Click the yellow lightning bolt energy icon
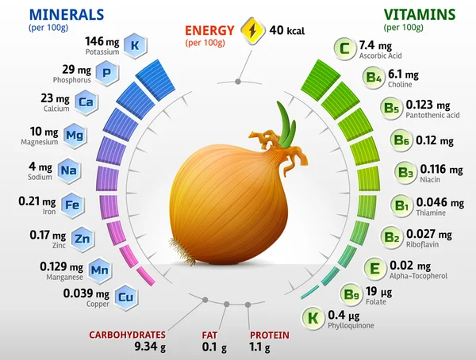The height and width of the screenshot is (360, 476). click(x=253, y=31)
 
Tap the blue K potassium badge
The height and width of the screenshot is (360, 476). click(x=136, y=46)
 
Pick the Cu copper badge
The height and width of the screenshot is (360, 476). click(x=125, y=297)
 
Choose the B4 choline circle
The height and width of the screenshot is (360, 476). click(x=373, y=78)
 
